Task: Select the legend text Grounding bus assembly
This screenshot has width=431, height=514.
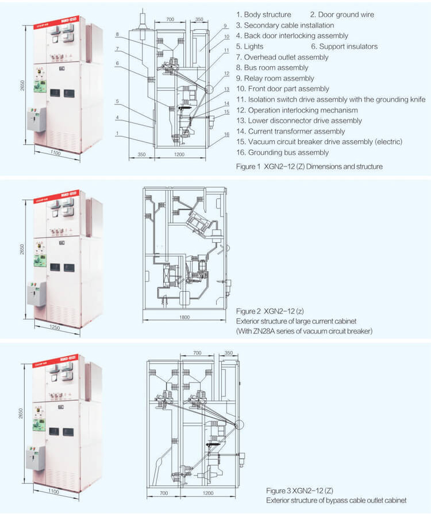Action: pyautogui.click(x=288, y=152)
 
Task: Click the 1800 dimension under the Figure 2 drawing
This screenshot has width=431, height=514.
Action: pyautogui.click(x=184, y=316)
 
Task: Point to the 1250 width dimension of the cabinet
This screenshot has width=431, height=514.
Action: pyautogui.click(x=56, y=326)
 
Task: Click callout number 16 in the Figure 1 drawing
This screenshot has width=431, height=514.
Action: pyautogui.click(x=227, y=133)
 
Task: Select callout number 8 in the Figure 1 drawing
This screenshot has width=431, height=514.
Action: pyautogui.click(x=117, y=34)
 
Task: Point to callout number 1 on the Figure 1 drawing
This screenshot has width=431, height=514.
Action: pyautogui.click(x=117, y=133)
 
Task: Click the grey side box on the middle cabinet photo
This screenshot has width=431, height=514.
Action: pyautogui.click(x=35, y=294)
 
